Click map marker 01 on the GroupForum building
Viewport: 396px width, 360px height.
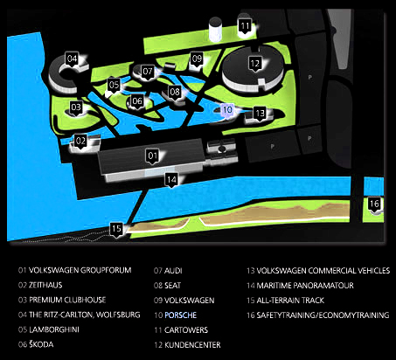coord(152,156)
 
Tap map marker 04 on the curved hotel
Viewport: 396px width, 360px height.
coord(72,59)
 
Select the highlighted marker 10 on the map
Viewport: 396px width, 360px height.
coord(227,110)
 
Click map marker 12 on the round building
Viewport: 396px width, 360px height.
coord(255,64)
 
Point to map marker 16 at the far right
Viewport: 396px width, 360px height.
coord(374,204)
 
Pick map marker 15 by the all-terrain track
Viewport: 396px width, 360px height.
coord(116,229)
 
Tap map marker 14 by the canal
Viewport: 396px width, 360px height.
coord(171,180)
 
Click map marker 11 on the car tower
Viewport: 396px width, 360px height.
coord(245,27)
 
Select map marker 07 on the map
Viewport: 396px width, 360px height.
coord(148,72)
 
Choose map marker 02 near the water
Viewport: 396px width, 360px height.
coord(80,142)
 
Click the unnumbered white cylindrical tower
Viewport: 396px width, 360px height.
coord(215,30)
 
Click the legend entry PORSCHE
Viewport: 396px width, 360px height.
coord(181,315)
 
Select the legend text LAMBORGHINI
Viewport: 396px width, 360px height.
coord(54,329)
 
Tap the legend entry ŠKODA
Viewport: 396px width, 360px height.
coord(41,344)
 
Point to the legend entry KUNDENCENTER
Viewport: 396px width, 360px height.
coord(192,345)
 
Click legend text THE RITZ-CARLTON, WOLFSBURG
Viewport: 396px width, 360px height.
coord(85,315)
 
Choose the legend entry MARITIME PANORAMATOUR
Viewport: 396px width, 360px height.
coord(305,286)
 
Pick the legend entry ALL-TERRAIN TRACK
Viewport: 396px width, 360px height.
coord(290,301)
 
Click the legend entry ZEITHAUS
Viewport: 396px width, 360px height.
coord(45,285)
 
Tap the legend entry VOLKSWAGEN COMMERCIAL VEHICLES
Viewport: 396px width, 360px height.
coord(323,271)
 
